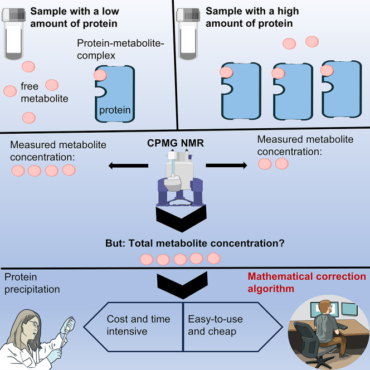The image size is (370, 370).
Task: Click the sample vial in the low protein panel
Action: pos(14,33)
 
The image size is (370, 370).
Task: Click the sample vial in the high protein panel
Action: pos(188,33)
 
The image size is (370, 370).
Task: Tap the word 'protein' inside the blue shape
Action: pos(115,110)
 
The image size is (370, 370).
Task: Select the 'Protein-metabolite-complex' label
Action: pos(120,50)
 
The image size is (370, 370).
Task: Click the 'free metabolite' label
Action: pos(45,93)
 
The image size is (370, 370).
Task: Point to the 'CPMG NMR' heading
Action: pos(176,143)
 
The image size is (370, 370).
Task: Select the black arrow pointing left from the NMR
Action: pos(128,165)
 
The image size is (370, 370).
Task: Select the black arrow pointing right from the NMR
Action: pos(227,165)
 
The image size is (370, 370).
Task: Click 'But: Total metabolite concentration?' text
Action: pos(195,244)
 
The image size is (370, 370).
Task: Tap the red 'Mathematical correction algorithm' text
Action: pos(307,283)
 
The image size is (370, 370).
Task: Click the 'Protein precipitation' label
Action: pos(32,283)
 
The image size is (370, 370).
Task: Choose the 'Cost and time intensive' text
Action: pos(138,325)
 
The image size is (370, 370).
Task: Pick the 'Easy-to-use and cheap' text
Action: pos(215,325)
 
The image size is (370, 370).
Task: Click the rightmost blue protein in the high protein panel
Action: pos(342,89)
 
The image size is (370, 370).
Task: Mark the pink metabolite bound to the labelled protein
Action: pos(100,75)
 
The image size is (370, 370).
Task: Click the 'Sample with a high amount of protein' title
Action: pos(252,17)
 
